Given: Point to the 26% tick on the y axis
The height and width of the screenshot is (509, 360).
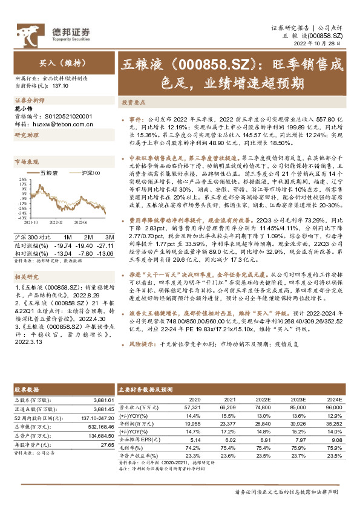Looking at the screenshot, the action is point(23,179).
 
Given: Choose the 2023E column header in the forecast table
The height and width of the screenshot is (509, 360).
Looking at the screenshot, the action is point(298,400).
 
